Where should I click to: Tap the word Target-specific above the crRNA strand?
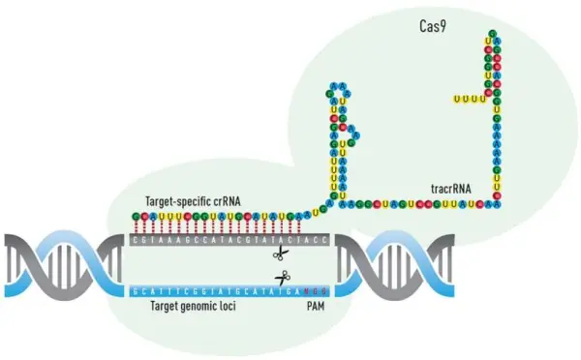[x=175, y=200]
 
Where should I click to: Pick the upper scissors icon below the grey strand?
[x=281, y=255]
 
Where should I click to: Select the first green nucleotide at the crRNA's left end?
[x=138, y=215]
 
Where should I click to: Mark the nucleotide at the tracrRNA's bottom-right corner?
[x=498, y=203]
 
